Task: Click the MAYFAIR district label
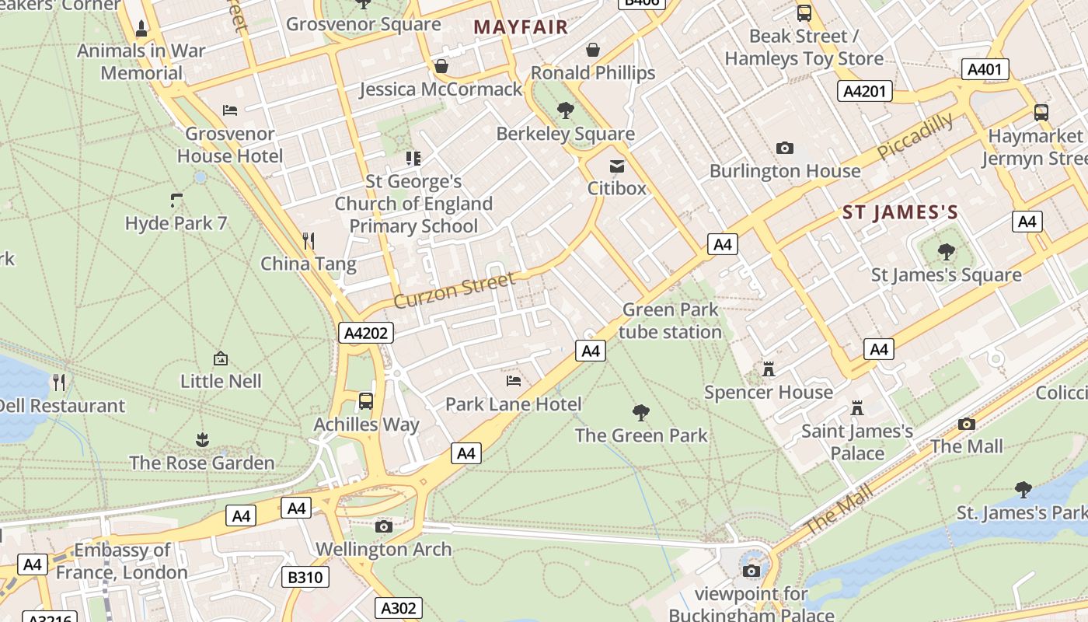click(521, 27)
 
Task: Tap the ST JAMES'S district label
click(900, 212)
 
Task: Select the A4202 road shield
click(367, 334)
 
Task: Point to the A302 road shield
click(399, 607)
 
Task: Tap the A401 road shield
click(985, 69)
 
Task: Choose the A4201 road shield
click(865, 92)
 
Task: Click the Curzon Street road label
click(454, 289)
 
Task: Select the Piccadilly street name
click(915, 136)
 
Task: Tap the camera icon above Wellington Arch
click(383, 526)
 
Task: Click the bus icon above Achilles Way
click(365, 401)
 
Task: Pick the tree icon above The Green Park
click(641, 412)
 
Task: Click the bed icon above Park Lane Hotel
click(514, 381)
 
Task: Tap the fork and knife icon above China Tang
click(309, 240)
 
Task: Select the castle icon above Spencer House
click(769, 369)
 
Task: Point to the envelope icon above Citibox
click(617, 166)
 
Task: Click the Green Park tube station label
click(671, 321)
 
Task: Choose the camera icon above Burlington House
click(785, 148)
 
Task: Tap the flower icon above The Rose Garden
click(202, 440)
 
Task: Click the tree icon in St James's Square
click(946, 251)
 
